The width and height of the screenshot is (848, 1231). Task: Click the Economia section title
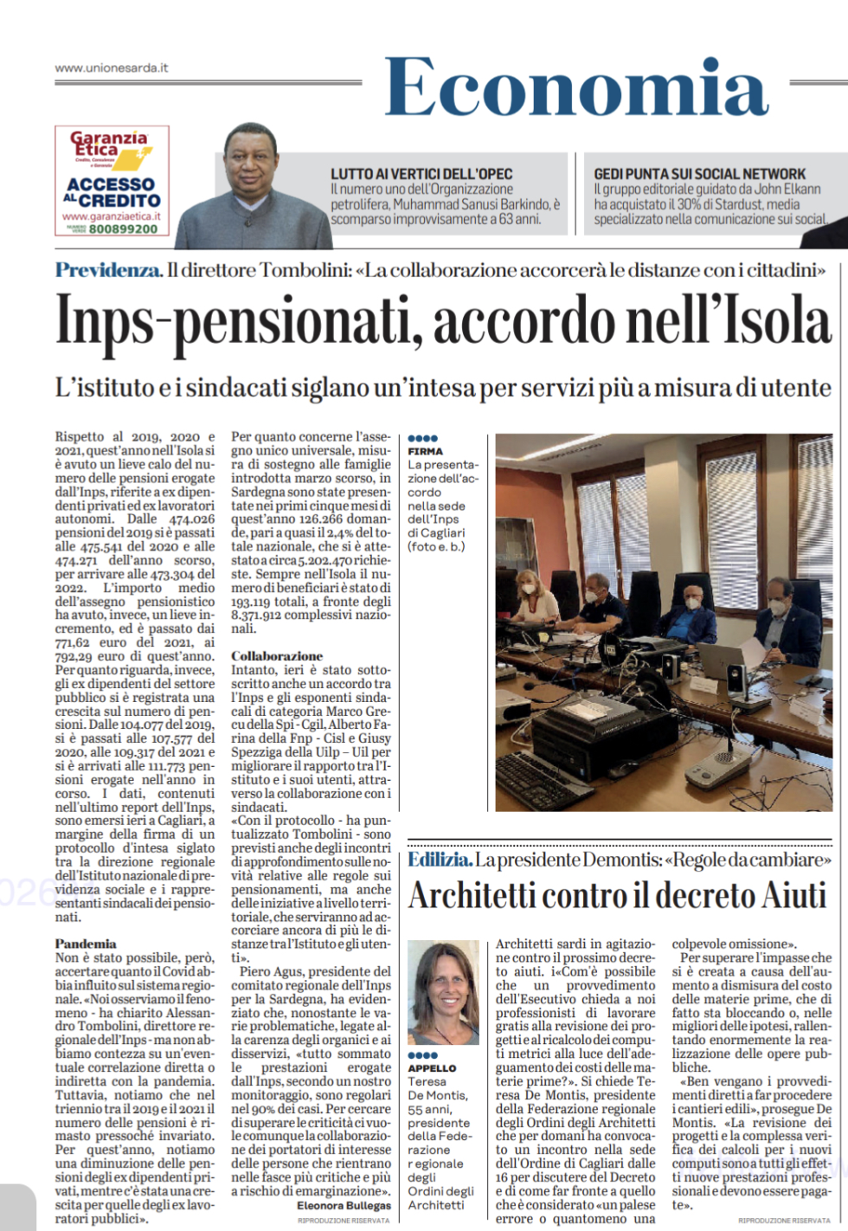(x=576, y=87)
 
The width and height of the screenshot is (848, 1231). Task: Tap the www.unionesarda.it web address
(x=112, y=68)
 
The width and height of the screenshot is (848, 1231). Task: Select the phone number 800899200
(x=123, y=229)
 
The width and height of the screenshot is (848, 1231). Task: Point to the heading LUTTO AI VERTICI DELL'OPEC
(x=421, y=174)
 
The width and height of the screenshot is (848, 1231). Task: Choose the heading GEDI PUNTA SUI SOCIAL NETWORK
(x=699, y=174)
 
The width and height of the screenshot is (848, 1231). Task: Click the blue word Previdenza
(x=108, y=270)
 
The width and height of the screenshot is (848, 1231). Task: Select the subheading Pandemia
(x=86, y=944)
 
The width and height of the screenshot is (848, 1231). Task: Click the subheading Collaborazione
(x=276, y=656)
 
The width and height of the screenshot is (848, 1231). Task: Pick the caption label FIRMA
(x=425, y=451)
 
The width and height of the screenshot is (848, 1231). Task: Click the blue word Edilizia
(x=440, y=860)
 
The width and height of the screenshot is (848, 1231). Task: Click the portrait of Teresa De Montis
(x=443, y=993)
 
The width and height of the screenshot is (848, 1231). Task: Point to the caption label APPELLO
(x=431, y=1068)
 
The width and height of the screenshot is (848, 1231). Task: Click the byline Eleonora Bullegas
(x=344, y=1205)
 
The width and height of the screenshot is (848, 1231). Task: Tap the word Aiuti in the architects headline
(x=784, y=895)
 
